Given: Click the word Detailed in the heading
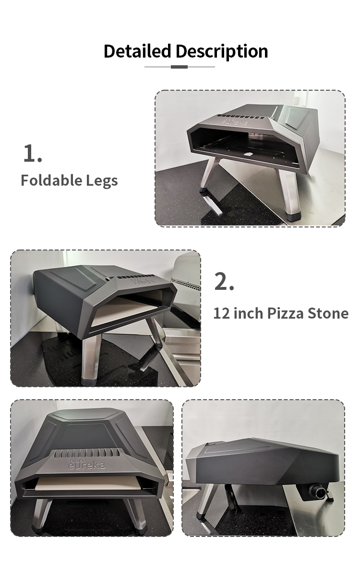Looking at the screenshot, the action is click(137, 51).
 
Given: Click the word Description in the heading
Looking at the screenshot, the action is click(222, 52).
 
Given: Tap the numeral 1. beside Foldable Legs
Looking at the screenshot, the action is click(33, 154).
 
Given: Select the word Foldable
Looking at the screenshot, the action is click(51, 180).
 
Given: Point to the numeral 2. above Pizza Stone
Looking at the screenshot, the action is click(224, 282).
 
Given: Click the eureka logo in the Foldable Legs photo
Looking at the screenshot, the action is click(235, 120).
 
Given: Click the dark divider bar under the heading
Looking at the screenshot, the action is click(179, 67).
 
